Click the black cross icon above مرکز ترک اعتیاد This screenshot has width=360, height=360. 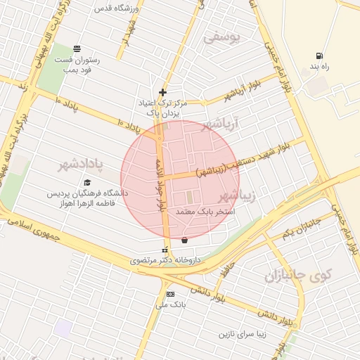(162, 92)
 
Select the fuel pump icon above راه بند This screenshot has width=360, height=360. (320, 56)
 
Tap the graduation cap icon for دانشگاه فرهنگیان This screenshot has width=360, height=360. (87, 182)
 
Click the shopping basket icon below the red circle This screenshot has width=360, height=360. (184, 240)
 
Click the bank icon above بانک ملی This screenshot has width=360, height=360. (169, 294)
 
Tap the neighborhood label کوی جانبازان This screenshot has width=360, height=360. (297, 276)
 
